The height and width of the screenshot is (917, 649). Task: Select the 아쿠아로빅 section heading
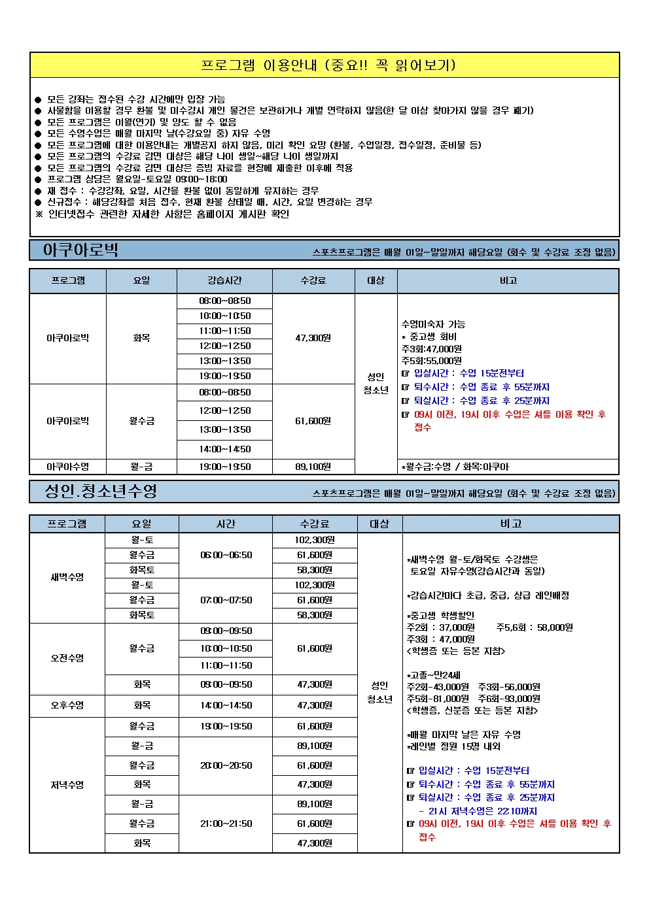80,250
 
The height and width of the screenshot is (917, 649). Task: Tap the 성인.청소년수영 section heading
101,492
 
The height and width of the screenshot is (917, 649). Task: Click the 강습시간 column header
224,280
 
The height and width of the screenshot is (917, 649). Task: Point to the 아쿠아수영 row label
67,467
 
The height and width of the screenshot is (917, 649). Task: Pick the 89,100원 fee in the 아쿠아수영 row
313,467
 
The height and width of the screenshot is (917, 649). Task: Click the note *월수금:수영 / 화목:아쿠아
455,467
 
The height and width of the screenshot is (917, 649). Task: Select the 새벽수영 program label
67,577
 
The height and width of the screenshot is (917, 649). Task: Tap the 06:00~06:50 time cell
226,555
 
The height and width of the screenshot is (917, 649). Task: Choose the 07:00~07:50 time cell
226,600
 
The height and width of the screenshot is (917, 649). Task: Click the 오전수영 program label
67,658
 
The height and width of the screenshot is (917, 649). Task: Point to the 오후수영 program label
67,705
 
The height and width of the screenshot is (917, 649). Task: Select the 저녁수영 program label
67,784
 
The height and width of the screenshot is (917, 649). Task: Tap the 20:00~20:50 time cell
226,765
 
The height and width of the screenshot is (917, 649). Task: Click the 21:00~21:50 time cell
226,824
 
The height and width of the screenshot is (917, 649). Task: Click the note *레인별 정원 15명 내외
453,746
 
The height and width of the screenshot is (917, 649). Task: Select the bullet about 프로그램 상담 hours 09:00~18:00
137,179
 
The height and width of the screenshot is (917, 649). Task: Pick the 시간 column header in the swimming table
226,524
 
